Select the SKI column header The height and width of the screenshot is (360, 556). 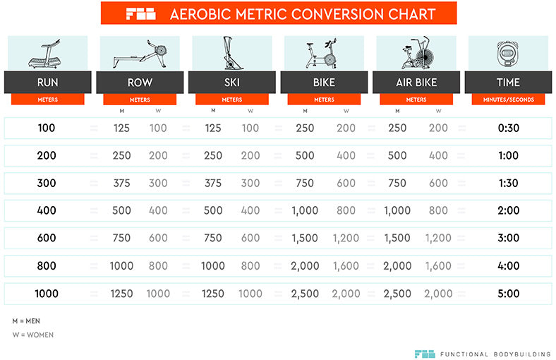click(x=232, y=83)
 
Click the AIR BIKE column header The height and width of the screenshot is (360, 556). click(x=416, y=83)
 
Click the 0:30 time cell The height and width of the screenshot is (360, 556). click(x=508, y=128)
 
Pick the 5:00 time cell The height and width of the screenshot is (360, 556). click(x=508, y=294)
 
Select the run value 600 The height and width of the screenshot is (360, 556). click(x=47, y=238)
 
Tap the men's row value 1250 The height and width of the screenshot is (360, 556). click(x=122, y=294)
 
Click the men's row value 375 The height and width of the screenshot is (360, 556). click(x=122, y=183)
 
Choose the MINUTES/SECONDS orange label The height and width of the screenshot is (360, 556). click(x=508, y=100)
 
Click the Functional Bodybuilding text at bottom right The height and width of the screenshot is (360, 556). click(x=495, y=354)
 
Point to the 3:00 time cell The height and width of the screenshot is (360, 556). click(x=508, y=238)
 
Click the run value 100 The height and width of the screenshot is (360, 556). click(x=47, y=128)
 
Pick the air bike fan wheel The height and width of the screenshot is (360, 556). click(x=428, y=52)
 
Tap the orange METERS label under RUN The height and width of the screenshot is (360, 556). click(x=47, y=100)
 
